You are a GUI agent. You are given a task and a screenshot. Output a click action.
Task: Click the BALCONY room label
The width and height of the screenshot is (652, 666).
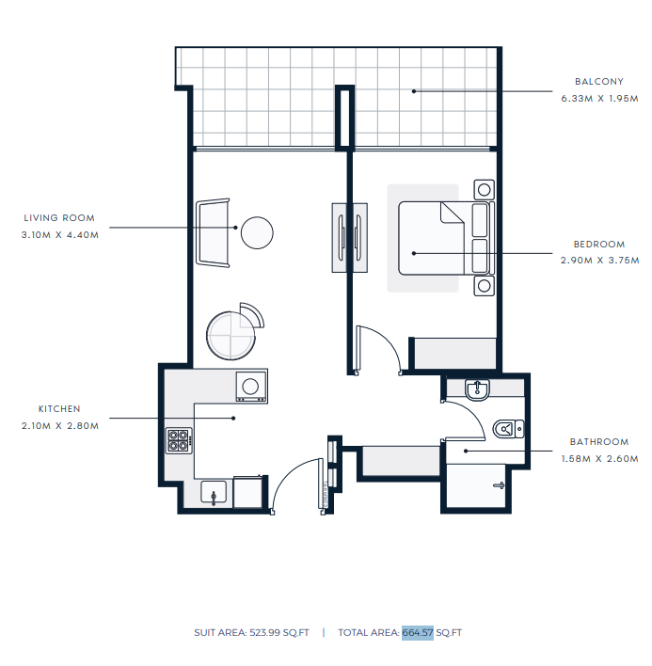tap(599, 82)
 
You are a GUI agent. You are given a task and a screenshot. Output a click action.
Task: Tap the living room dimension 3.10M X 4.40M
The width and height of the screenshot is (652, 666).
tap(60, 235)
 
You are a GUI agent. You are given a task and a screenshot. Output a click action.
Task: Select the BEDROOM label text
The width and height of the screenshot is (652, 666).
tap(599, 245)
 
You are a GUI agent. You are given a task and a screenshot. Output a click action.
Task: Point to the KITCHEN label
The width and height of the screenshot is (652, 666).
tap(59, 409)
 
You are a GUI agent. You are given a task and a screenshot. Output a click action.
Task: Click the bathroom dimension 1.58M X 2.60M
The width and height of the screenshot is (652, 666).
tap(599, 459)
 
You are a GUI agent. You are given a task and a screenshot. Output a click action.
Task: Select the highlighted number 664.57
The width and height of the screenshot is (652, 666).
tap(418, 632)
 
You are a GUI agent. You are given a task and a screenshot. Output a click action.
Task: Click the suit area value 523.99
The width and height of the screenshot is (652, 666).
tap(264, 632)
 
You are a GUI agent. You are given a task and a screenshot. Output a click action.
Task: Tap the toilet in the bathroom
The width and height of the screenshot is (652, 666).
tap(508, 429)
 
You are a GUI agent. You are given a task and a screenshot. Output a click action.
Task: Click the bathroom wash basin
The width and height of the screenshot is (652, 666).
tap(477, 390)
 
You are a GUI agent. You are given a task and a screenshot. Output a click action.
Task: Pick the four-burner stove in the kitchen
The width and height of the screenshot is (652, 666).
tap(179, 440)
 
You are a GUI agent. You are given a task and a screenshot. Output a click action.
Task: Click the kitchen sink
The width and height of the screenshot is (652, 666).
tap(214, 492)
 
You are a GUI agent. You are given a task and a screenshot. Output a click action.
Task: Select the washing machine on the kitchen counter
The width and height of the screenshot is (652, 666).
tap(251, 386)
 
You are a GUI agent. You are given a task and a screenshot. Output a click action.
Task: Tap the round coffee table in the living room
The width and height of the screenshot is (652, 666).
tap(257, 232)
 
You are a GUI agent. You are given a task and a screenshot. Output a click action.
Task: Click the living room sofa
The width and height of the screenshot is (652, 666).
tap(213, 232)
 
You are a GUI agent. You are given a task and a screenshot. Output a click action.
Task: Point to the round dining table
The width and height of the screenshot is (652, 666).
tap(231, 336)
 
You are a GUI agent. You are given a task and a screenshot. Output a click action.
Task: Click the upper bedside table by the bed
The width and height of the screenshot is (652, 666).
tap(484, 189)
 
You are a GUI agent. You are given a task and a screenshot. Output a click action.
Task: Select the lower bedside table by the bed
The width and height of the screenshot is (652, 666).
tap(484, 286)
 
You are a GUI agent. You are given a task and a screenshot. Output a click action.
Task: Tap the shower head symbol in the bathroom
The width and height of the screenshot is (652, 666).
tap(499, 485)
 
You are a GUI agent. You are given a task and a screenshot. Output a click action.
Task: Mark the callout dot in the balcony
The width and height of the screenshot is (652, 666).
tap(414, 91)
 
